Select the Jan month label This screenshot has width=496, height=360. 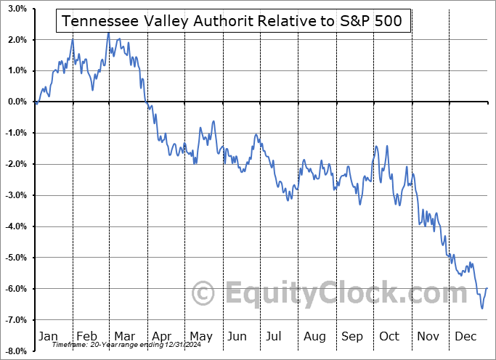tap(48, 336)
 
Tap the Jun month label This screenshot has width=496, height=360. tap(237, 336)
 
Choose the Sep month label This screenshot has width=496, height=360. tap(352, 336)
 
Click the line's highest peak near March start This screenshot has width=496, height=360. tap(108, 33)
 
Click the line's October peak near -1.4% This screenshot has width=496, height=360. tap(387, 146)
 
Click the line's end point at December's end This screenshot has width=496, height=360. tap(487, 288)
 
